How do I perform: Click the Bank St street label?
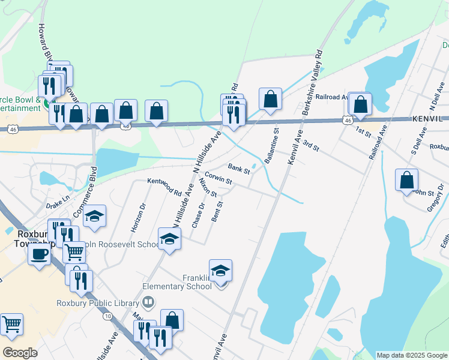coord(238,167)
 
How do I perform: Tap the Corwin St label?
coord(218,179)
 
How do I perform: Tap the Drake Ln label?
coord(58,202)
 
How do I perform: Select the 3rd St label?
coord(310,145)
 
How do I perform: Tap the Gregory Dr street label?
coord(436,197)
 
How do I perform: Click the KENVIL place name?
coord(430,119)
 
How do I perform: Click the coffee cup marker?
coord(40,254)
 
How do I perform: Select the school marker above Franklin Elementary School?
coord(220,271)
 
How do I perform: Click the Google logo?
coord(20,353)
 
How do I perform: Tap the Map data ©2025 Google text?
coord(412,355)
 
